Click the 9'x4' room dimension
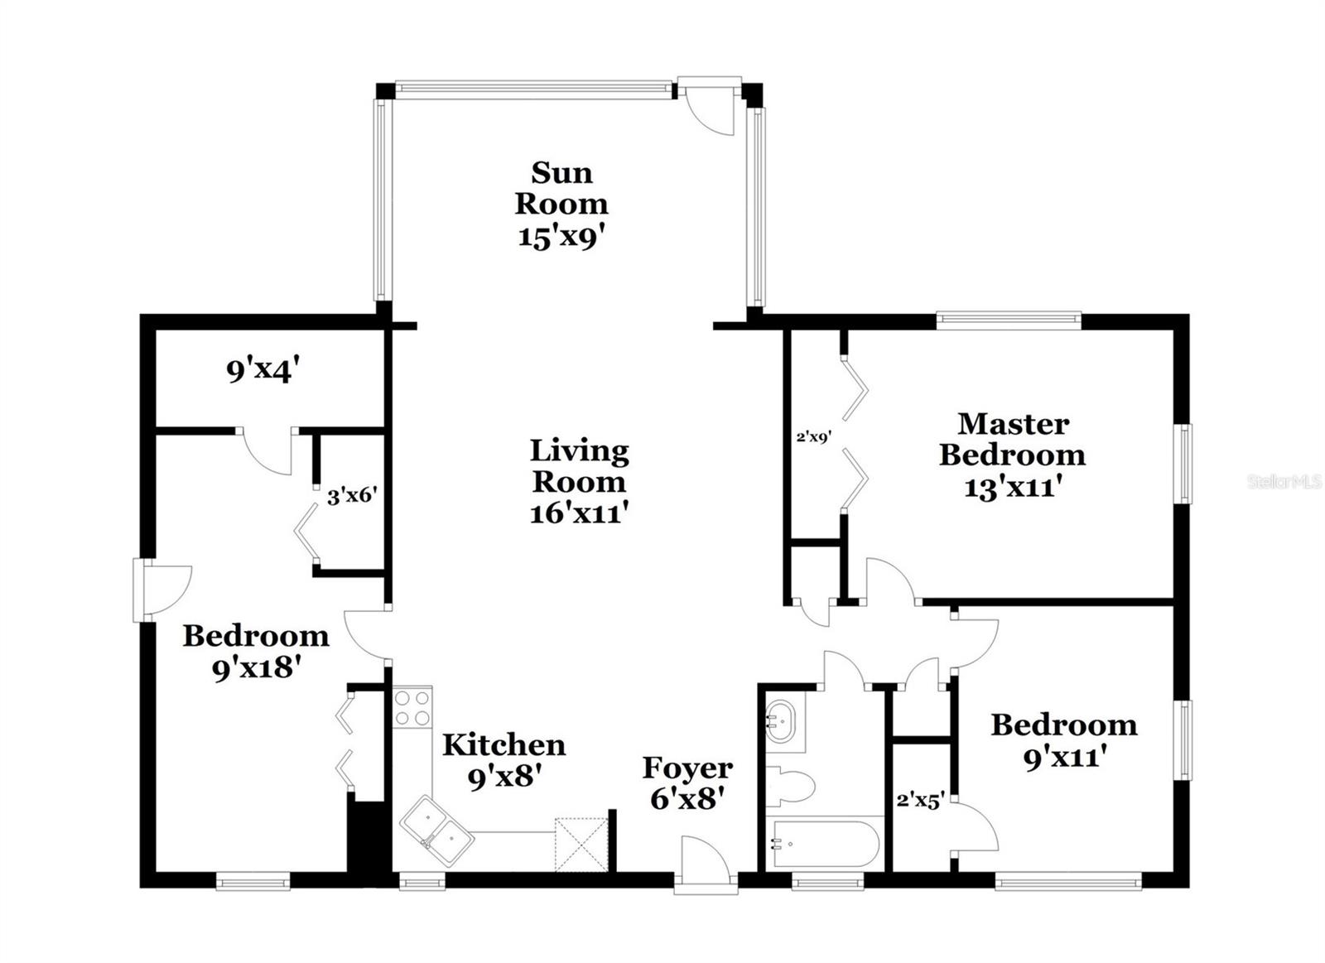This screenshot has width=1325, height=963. tap(262, 370)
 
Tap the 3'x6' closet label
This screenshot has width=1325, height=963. tap(352, 497)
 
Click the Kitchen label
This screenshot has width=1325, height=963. tap(503, 744)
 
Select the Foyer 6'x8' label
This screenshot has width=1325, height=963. tap(687, 782)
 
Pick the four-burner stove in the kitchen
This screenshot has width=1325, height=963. tap(412, 707)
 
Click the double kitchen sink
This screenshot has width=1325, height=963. tap(436, 831)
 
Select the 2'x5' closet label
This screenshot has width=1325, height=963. tap(920, 801)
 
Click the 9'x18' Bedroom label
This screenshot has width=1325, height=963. tap(255, 652)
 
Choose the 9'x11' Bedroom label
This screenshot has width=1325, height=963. tap(1064, 740)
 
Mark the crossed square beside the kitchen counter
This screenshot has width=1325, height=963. tap(581, 844)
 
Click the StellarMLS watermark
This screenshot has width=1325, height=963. tap(1283, 481)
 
